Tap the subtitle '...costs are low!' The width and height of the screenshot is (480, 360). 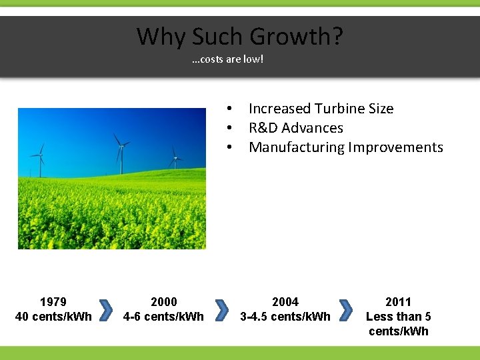pyautogui.click(x=227, y=60)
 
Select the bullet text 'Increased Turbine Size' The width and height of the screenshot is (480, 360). pyautogui.click(x=321, y=109)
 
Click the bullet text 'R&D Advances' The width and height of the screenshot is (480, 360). pyautogui.click(x=295, y=128)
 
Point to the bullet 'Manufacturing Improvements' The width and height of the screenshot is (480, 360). pyautogui.click(x=345, y=147)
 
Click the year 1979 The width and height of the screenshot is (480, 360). pyautogui.click(x=53, y=302)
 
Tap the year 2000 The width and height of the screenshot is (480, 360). pyautogui.click(x=164, y=302)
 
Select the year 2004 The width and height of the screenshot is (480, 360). pyautogui.click(x=285, y=302)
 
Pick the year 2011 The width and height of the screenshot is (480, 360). pyautogui.click(x=399, y=302)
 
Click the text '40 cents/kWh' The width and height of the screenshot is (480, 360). pyautogui.click(x=53, y=316)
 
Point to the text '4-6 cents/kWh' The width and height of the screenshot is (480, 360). pyautogui.click(x=164, y=316)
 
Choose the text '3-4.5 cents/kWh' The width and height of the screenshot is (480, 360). pyautogui.click(x=285, y=316)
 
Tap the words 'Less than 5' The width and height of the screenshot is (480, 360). pyautogui.click(x=399, y=316)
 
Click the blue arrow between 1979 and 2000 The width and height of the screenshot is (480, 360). pyautogui.click(x=105, y=310)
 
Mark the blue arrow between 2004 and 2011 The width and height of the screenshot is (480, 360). pyautogui.click(x=345, y=310)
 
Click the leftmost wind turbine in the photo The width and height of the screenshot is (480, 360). pyautogui.click(x=41, y=160)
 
